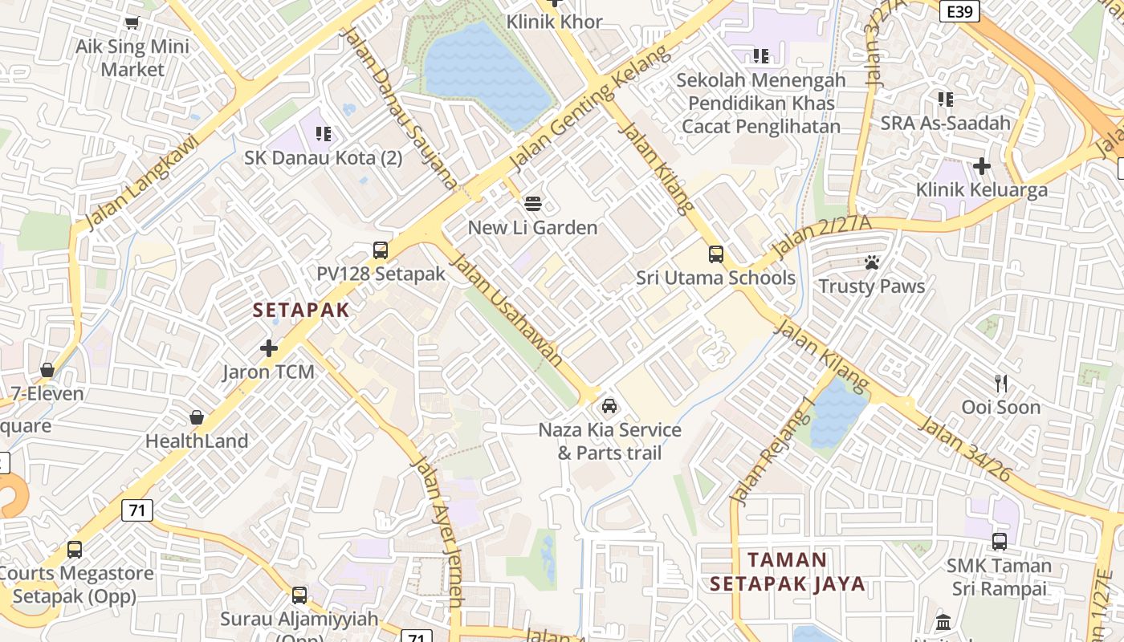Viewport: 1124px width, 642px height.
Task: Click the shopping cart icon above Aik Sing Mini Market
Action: (132, 23)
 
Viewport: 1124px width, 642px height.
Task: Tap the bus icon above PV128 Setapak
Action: (381, 250)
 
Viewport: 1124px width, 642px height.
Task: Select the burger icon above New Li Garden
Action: (533, 203)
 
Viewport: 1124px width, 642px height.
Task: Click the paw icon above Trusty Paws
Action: (872, 262)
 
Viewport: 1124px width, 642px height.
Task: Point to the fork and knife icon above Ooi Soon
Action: (1000, 383)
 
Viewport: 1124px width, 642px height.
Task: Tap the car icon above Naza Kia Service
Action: (609, 406)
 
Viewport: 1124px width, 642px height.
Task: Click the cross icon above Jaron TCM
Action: (269, 348)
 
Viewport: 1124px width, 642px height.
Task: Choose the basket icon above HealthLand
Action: (197, 417)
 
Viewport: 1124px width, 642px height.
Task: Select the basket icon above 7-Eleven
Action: (47, 370)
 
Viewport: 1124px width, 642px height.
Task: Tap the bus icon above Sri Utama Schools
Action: (715, 254)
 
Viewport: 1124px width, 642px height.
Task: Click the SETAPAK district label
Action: (301, 311)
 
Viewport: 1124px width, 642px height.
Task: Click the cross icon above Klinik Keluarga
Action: (981, 166)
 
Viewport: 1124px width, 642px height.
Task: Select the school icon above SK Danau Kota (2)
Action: (324, 134)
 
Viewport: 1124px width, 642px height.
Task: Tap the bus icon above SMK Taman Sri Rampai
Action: (1000, 542)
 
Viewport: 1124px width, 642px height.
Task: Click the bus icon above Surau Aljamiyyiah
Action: (299, 595)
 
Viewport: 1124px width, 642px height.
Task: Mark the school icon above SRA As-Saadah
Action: (946, 100)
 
